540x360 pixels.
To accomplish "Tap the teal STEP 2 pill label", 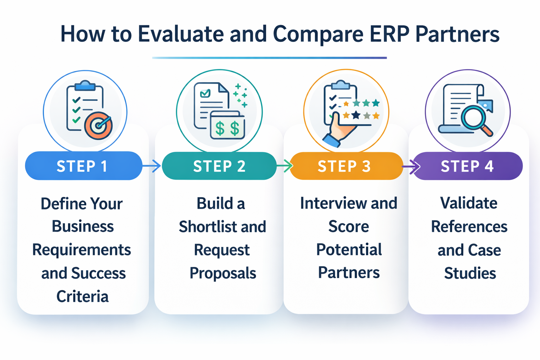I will coord(219,166).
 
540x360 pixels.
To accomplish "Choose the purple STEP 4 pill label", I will coord(467,166).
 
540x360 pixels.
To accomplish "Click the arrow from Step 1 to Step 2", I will coord(152,166).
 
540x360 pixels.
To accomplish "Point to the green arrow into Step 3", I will coord(285,166).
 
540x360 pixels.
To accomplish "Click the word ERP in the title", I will coord(389,34).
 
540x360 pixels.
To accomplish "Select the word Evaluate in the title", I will coord(181,34).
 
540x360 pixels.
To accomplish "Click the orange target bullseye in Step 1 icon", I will coord(98,126).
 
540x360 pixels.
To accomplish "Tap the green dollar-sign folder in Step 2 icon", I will coord(227,126).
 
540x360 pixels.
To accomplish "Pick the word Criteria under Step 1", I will coord(83,296).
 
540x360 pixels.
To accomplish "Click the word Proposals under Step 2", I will coord(223,273).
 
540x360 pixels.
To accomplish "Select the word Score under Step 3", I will coord(349,226).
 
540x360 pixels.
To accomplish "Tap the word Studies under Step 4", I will coord(470,273).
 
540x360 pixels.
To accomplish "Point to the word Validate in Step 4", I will coord(469,203).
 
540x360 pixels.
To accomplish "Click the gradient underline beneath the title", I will coord(269,58).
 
